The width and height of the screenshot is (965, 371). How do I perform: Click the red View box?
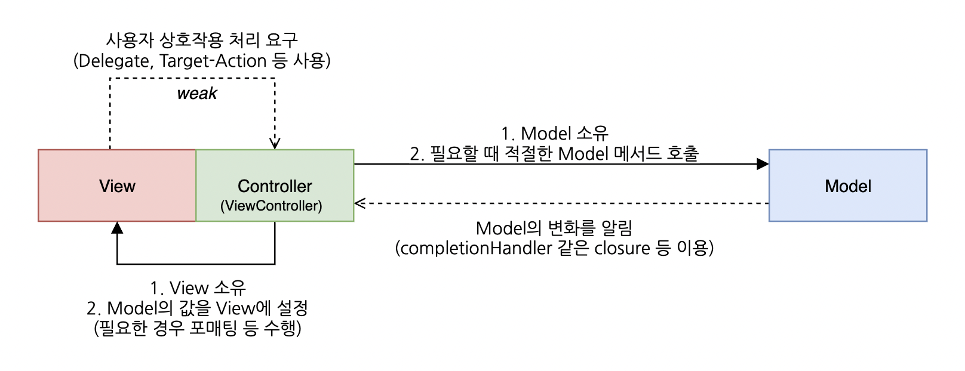pyautogui.click(x=117, y=185)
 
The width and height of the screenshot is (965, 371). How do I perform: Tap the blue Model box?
pyautogui.click(x=847, y=185)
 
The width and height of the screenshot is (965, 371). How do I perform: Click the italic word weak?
pyautogui.click(x=197, y=94)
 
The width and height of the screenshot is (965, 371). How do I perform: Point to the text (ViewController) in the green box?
pyautogui.click(x=271, y=206)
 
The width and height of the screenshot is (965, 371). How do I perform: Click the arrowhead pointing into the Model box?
pyautogui.click(x=763, y=164)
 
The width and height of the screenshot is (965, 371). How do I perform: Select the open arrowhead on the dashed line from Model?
pyautogui.click(x=359, y=203)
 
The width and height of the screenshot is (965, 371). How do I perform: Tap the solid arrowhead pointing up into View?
pyautogui.click(x=117, y=228)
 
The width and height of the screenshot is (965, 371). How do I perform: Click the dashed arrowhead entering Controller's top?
pyautogui.click(x=275, y=143)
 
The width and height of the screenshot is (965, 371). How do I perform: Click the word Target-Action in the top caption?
pyautogui.click(x=213, y=61)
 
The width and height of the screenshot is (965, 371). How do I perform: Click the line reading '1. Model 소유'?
pyautogui.click(x=555, y=133)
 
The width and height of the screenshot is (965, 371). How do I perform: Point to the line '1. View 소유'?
pyautogui.click(x=198, y=288)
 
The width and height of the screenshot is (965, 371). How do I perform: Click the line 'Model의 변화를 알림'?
pyautogui.click(x=554, y=228)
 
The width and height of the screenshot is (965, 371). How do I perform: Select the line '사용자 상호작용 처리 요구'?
pyautogui.click(x=202, y=40)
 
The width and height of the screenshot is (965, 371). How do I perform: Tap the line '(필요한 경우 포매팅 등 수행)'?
pyautogui.click(x=198, y=328)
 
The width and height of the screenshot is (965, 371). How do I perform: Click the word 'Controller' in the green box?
pyautogui.click(x=275, y=186)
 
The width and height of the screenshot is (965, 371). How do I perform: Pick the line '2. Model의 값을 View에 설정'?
pyautogui.click(x=198, y=308)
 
